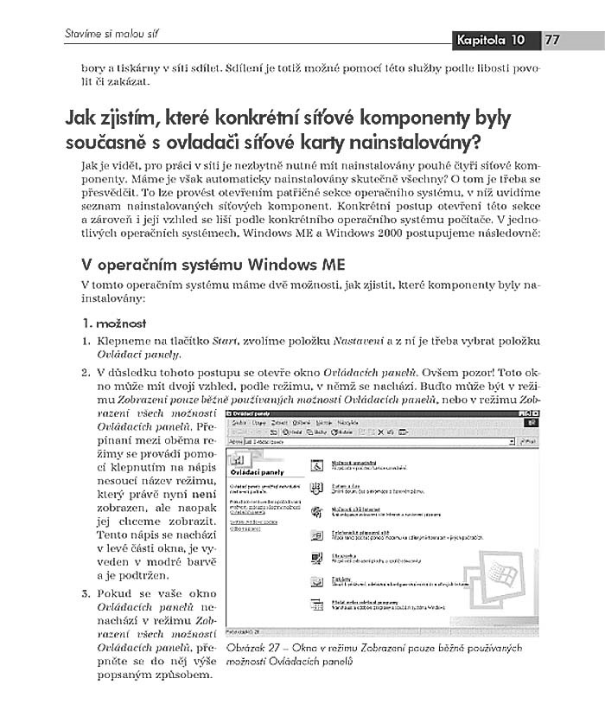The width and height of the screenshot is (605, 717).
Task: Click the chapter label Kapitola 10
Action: [x=492, y=40]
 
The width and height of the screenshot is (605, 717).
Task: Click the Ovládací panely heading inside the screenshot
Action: [x=256, y=473]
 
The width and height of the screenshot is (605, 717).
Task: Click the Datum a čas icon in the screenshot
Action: [x=317, y=489]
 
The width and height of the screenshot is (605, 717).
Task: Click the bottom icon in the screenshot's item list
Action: [x=317, y=605]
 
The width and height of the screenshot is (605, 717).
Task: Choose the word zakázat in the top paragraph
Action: [x=131, y=82]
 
